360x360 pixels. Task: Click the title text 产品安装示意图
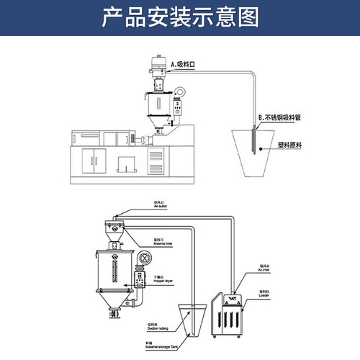click(x=180, y=15)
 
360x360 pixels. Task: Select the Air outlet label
click(x=159, y=204)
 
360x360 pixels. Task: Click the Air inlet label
click(x=265, y=272)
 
